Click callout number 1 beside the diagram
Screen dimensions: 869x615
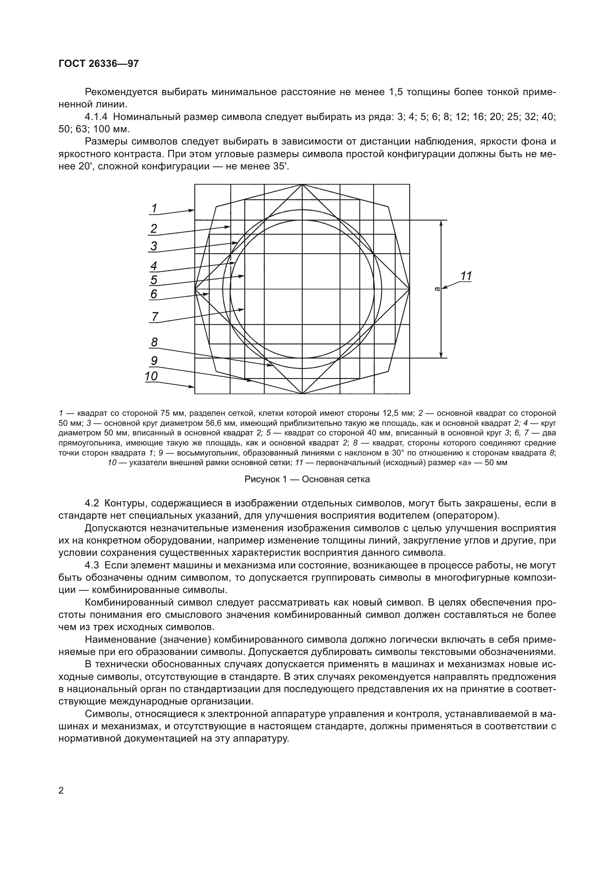[x=154, y=208]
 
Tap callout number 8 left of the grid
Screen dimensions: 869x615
[x=154, y=342]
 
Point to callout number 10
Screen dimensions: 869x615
[x=151, y=376]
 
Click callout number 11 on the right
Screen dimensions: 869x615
[x=466, y=276]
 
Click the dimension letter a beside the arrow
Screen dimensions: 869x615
[x=437, y=289]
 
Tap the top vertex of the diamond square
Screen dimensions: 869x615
[x=302, y=185]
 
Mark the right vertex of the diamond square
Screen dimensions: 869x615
[x=409, y=289]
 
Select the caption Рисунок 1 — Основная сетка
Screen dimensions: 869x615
[x=307, y=480]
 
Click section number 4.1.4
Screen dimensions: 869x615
[x=97, y=117]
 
